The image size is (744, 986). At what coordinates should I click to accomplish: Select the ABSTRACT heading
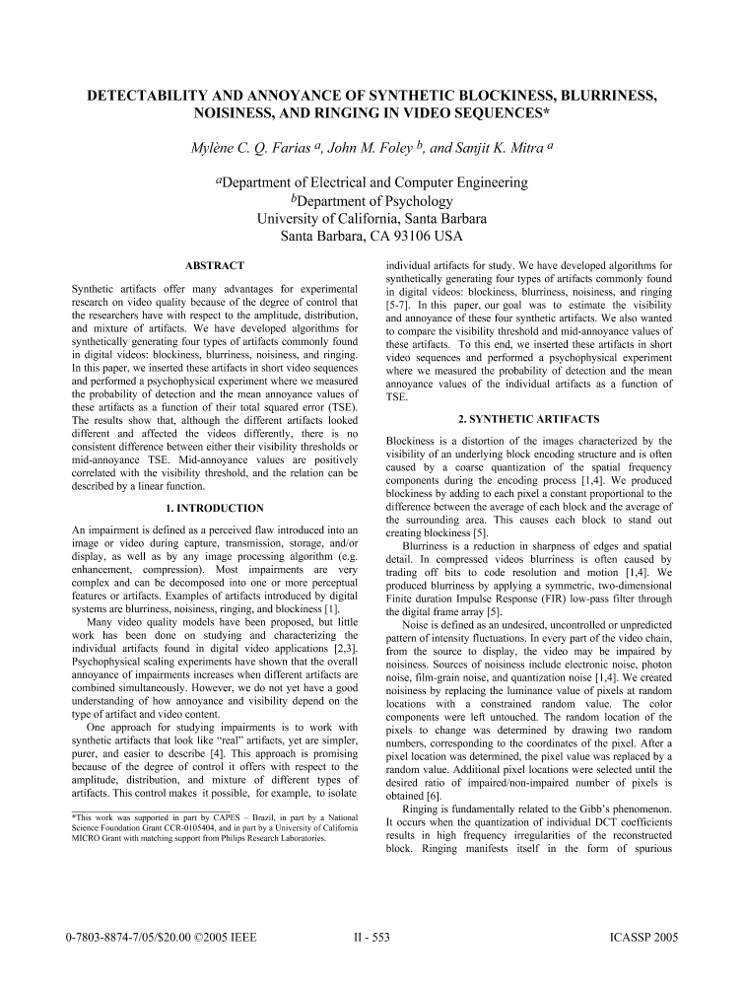(x=214, y=265)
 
